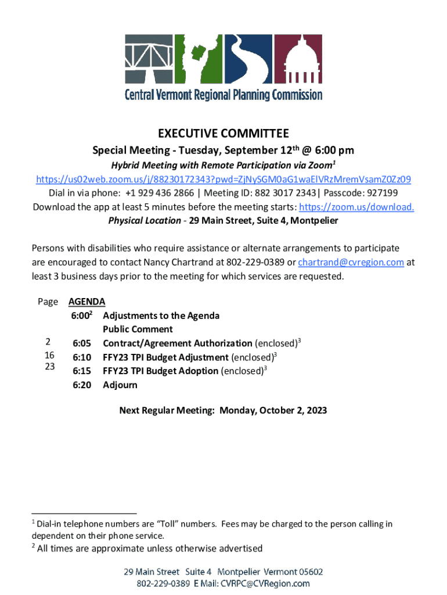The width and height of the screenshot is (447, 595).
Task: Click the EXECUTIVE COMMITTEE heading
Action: [223, 133]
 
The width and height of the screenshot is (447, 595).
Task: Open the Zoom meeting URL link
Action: [223, 179]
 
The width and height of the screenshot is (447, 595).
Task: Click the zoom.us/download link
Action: [356, 207]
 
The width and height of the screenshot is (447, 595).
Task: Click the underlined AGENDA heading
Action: [87, 302]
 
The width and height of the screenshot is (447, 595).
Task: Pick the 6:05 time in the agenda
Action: [82, 343]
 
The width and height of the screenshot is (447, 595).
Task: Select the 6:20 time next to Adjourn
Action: [82, 385]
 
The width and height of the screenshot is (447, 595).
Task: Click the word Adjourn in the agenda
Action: [120, 385]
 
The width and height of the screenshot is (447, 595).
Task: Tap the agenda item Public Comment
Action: [138, 329]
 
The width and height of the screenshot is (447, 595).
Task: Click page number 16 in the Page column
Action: [49, 355]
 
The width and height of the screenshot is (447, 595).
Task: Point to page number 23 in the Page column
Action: [49, 367]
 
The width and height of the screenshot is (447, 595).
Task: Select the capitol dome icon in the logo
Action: [297, 60]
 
